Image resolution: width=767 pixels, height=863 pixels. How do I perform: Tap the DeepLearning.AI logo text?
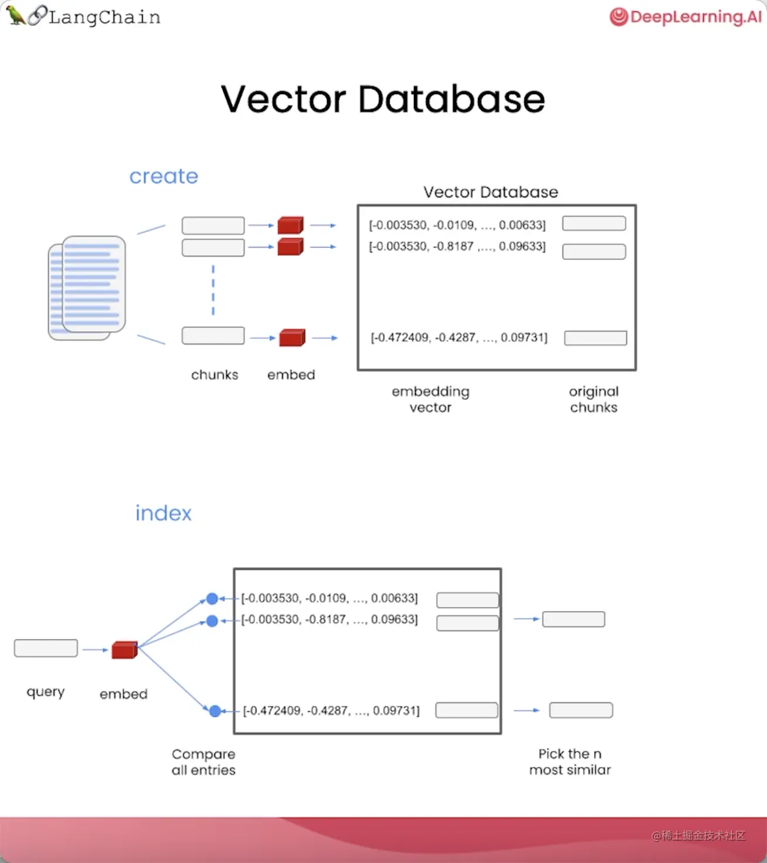695,16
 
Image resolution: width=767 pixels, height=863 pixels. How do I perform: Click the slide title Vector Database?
383,99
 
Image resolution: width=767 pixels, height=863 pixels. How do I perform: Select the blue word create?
164,176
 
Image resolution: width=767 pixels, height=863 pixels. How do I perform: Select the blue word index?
163,513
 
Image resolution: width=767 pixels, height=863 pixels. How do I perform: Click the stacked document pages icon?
87,287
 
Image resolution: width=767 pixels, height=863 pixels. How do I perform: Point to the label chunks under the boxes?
214,375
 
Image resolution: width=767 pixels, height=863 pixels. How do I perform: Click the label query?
46,691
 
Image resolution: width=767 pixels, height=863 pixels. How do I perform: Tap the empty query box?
46,648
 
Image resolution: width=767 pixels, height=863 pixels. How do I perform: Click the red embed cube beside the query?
124,650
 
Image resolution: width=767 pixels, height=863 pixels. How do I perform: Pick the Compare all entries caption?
203,762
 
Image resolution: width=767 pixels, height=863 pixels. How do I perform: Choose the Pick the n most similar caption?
570,762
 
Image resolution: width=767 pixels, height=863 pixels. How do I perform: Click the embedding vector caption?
430,399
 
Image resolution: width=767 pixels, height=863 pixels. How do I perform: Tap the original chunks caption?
594,399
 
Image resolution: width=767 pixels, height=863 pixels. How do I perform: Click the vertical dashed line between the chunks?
213,290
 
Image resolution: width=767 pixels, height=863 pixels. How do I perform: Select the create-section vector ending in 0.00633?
457,225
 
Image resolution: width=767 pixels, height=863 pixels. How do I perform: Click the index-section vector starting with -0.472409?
331,711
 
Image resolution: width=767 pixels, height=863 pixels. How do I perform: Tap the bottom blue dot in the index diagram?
215,711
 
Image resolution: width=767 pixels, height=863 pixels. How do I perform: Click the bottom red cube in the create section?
292,338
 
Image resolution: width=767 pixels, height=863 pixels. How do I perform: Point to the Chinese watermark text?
698,835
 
